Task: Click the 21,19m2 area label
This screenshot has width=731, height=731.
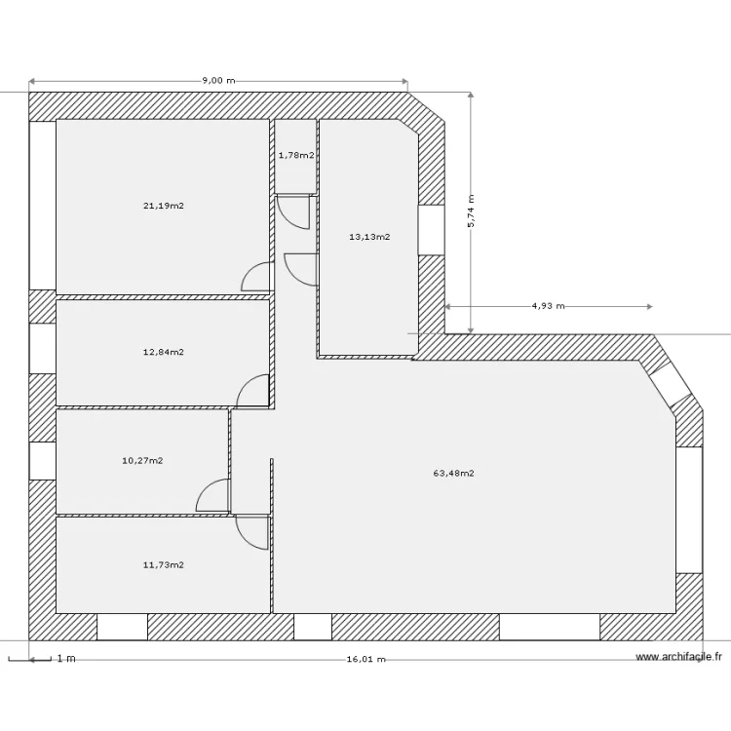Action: click(164, 206)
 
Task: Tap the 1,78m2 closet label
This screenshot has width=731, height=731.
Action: click(296, 155)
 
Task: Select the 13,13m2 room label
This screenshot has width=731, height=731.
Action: click(369, 237)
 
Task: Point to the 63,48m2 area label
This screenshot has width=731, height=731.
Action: click(453, 474)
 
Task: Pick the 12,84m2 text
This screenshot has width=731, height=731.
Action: click(164, 352)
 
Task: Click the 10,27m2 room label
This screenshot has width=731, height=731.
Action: click(142, 460)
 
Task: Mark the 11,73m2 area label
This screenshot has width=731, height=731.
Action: click(164, 564)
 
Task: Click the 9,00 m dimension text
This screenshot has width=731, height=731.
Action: click(218, 81)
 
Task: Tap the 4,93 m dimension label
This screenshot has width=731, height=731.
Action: click(548, 306)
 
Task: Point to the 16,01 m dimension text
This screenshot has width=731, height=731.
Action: click(365, 659)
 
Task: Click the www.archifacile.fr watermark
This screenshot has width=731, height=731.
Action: click(678, 658)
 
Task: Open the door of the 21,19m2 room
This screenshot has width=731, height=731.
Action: click(255, 278)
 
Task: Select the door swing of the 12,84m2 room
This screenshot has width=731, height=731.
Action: click(253, 392)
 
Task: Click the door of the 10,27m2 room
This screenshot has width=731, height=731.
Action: click(213, 496)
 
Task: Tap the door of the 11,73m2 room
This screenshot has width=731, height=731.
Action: click(251, 531)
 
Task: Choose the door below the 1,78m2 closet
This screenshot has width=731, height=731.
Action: click(293, 211)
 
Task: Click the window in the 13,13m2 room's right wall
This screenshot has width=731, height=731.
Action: click(432, 231)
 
